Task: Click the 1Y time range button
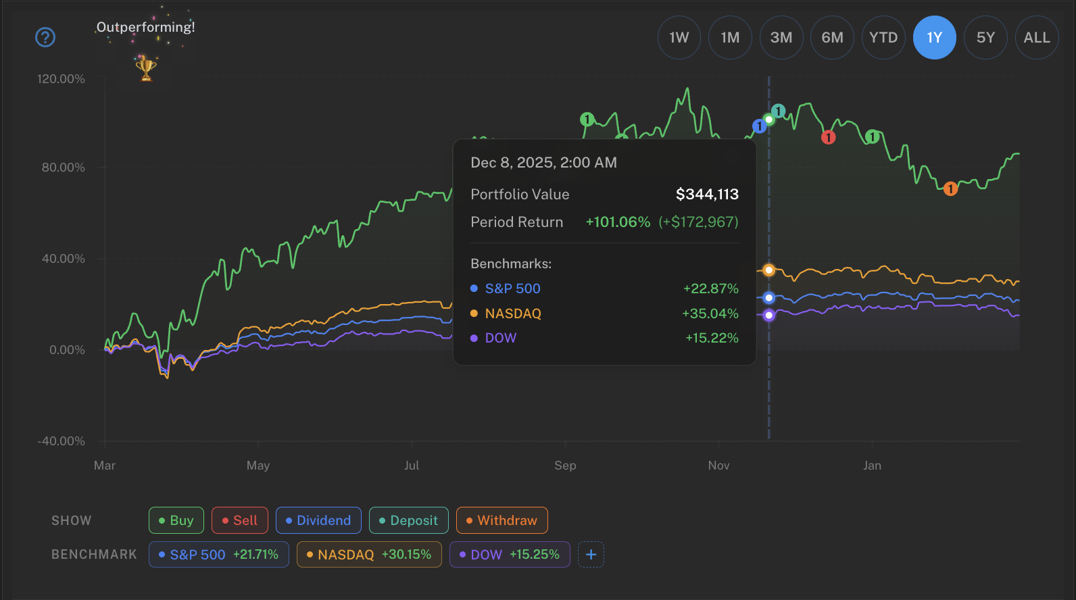click(x=934, y=38)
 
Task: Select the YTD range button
click(x=883, y=38)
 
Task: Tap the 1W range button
click(x=679, y=38)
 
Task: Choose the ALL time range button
click(x=1036, y=38)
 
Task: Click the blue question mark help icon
click(x=45, y=37)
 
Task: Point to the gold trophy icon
click(x=146, y=68)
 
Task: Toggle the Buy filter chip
click(x=176, y=520)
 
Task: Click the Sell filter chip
click(x=240, y=520)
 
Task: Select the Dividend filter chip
click(x=318, y=520)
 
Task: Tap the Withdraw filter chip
click(x=502, y=520)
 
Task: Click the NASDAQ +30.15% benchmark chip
click(x=369, y=555)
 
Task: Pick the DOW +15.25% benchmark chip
click(x=510, y=555)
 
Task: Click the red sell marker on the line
click(x=828, y=138)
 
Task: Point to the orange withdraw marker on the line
click(x=950, y=189)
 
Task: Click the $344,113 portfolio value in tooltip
click(x=707, y=195)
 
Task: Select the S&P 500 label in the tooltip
click(x=512, y=289)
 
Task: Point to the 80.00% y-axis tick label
click(x=64, y=168)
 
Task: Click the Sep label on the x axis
click(x=565, y=466)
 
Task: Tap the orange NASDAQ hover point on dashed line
click(x=768, y=270)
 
